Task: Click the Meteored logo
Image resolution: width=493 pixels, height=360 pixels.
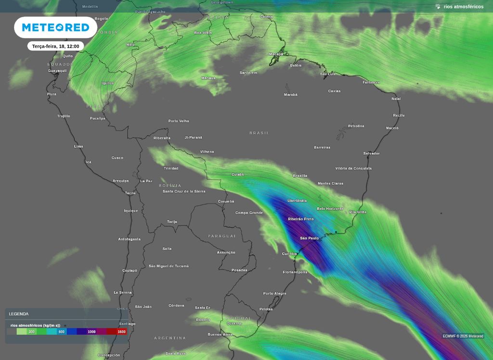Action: tap(55, 27)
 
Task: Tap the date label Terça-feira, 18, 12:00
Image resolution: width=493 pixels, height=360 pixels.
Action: tap(55, 46)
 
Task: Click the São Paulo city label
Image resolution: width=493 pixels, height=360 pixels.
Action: tap(309, 238)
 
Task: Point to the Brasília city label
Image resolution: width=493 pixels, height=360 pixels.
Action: tap(300, 176)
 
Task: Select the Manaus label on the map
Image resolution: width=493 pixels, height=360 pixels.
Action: tap(208, 78)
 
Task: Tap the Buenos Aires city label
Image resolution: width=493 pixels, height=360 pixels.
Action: tap(220, 334)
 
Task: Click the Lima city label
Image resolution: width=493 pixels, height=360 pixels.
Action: tap(78, 146)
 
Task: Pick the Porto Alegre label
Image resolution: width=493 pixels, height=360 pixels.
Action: tap(274, 294)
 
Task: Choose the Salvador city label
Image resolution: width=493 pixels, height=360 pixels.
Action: tap(371, 154)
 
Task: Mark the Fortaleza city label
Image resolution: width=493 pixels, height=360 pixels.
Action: tap(371, 82)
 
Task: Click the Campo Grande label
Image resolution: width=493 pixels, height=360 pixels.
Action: tap(249, 213)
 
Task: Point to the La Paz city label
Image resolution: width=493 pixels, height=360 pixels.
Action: tap(146, 181)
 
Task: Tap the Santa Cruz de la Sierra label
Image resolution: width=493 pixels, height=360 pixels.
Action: tap(184, 192)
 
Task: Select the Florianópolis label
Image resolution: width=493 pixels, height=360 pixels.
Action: tap(295, 272)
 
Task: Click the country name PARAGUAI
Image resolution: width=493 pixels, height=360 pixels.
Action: tap(222, 236)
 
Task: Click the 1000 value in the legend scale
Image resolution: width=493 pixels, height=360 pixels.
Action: tap(91, 332)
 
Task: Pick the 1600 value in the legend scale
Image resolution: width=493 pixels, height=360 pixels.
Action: tap(121, 332)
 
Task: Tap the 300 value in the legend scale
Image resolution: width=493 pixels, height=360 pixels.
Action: tap(31, 332)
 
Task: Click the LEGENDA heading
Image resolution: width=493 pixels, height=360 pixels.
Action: tap(19, 314)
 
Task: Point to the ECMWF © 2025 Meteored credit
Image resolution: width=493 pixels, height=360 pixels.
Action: tap(463, 336)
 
